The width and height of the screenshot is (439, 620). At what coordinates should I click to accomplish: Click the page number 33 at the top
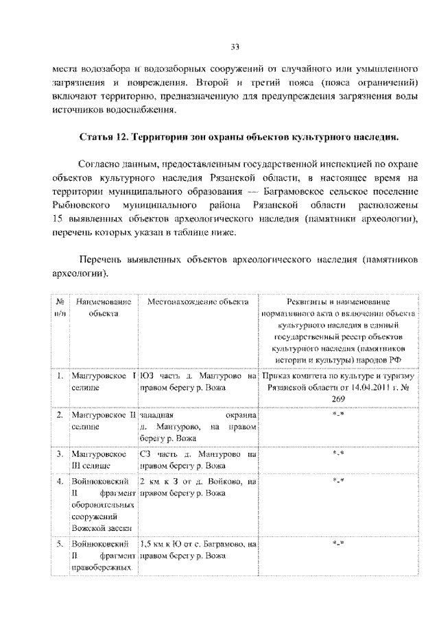pyautogui.click(x=235, y=47)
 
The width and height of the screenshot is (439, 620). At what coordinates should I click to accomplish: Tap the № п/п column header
pyautogui.click(x=60, y=307)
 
